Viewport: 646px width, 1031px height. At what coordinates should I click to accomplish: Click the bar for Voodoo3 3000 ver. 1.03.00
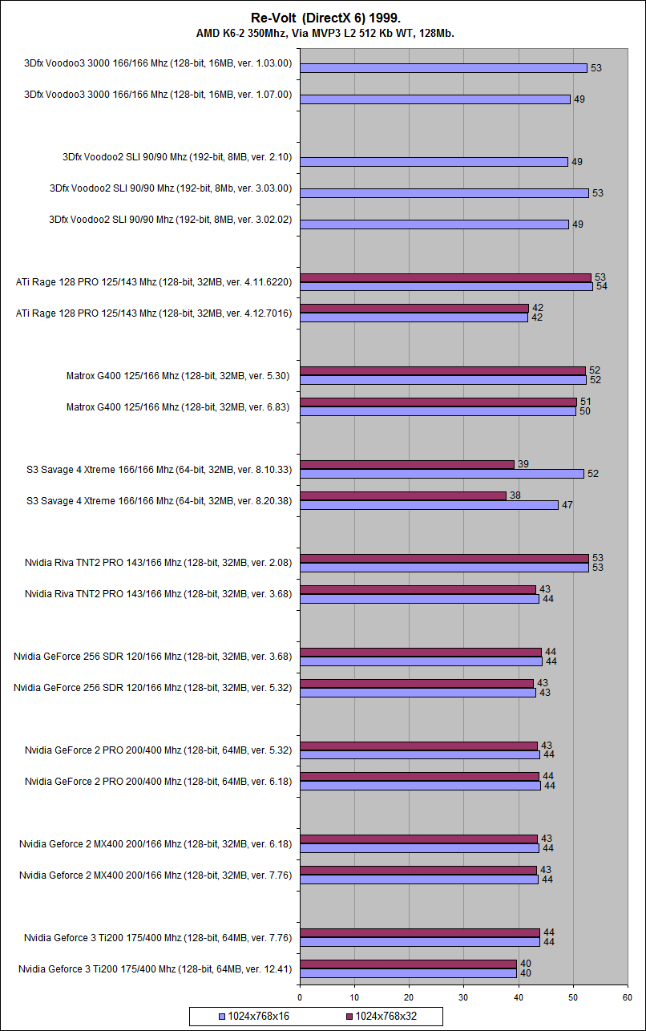tap(443, 68)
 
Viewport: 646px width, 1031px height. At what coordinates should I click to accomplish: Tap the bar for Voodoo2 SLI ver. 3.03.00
tap(444, 193)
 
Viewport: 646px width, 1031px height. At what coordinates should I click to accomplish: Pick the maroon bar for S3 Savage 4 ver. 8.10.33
tap(406, 464)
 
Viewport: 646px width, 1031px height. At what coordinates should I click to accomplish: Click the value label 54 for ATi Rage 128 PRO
tap(601, 286)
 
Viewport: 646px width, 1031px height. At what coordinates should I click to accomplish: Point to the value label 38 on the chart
tap(515, 495)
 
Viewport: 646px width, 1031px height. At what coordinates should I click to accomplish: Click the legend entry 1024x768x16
tap(255, 1017)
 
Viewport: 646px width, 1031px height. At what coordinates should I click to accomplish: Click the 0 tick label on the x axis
tap(300, 998)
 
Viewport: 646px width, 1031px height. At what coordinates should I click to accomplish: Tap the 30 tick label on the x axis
tap(463, 998)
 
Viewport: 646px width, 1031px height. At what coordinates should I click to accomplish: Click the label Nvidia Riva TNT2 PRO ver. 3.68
tap(158, 594)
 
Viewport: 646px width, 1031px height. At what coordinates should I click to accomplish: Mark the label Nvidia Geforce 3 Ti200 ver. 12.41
tap(155, 969)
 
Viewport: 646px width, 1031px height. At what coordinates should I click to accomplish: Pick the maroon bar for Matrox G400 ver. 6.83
tap(438, 402)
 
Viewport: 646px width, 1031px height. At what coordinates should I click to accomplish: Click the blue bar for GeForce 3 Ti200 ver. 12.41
tap(408, 973)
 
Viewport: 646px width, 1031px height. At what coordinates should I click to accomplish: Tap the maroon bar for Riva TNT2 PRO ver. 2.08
tap(444, 558)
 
